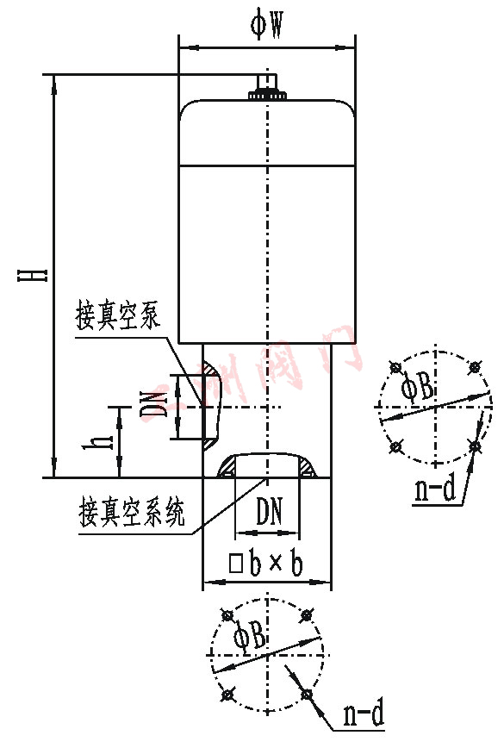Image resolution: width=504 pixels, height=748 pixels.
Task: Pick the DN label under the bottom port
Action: tap(270, 514)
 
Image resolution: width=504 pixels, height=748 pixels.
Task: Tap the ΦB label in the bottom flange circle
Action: tap(250, 638)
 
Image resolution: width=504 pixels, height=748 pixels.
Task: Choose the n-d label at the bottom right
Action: tap(363, 714)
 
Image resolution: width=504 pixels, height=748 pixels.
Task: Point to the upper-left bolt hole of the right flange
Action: tap(395, 368)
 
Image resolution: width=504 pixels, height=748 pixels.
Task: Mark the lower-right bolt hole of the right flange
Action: tap(475, 446)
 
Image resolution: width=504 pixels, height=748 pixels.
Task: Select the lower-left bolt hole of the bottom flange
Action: tap(227, 694)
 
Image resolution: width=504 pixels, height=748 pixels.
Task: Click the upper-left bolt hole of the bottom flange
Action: tap(227, 615)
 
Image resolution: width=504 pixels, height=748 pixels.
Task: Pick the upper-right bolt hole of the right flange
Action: tap(475, 368)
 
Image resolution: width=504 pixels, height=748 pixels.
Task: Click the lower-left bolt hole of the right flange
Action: tap(395, 446)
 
